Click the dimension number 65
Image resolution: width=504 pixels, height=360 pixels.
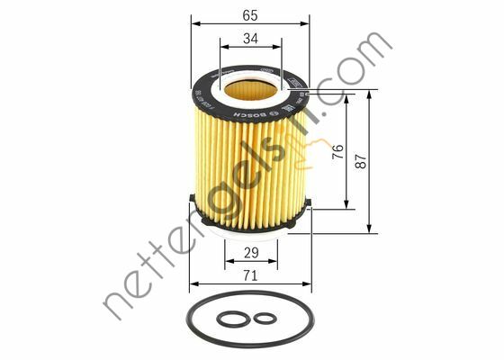249,15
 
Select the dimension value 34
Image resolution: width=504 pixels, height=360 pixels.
249,39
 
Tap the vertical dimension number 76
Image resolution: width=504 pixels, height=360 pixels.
337,151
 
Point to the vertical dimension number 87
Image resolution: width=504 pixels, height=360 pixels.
361,162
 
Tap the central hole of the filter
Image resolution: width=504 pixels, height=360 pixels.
249,88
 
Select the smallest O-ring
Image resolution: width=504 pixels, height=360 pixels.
264,318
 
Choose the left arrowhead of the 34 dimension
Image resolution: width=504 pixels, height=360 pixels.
221,49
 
